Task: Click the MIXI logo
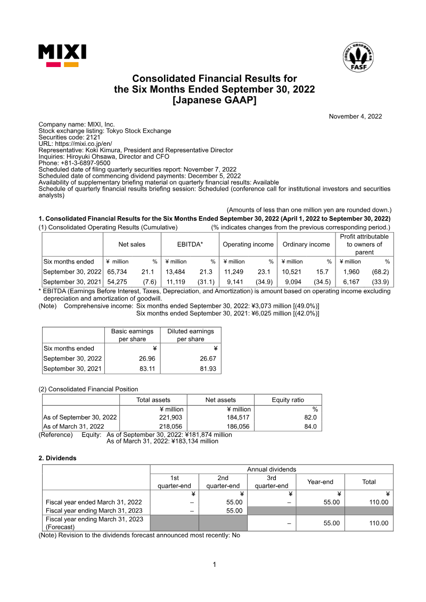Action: [62, 55]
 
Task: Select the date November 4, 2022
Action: [355, 117]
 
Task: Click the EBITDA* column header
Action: [190, 244]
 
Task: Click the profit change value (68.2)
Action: [380, 271]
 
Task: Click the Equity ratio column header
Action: [288, 400]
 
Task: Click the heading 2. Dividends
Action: [58, 458]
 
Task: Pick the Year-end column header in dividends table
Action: [320, 482]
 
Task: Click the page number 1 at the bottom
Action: [215, 564]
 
